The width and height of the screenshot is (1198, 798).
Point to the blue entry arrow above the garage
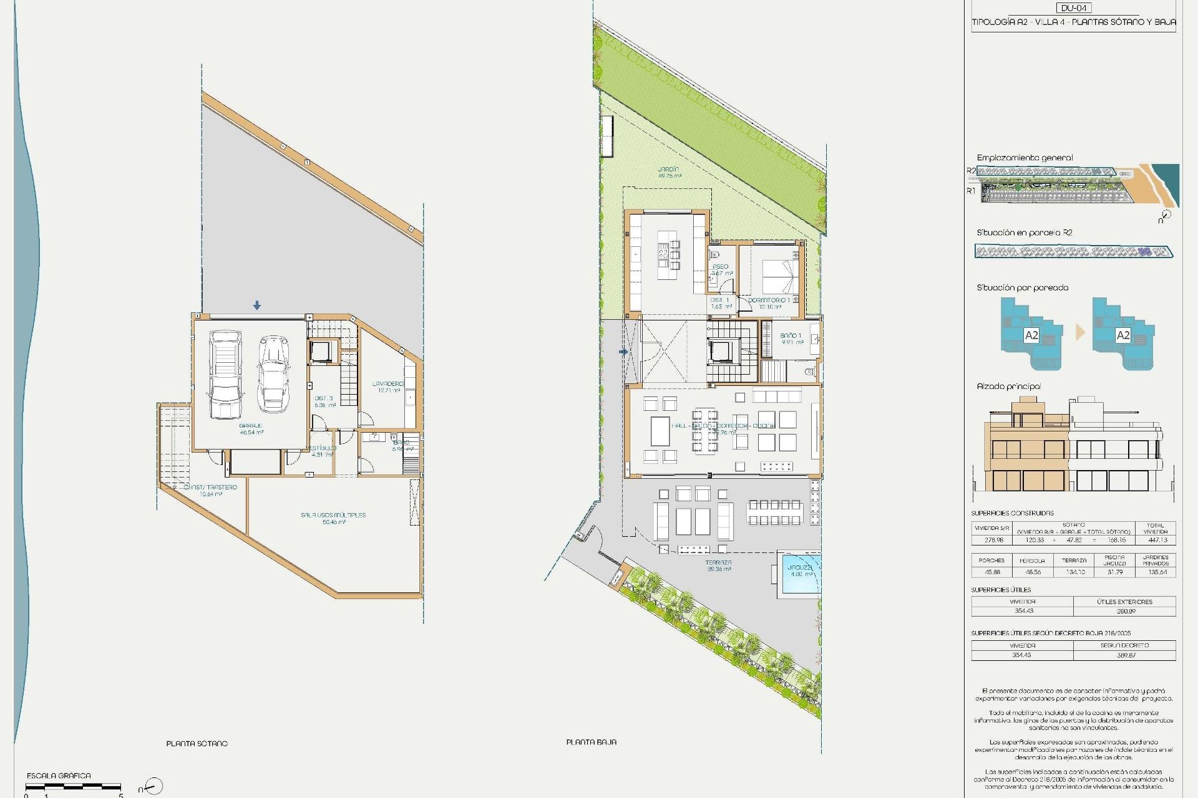pyautogui.click(x=257, y=305)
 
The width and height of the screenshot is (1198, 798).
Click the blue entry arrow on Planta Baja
pyautogui.click(x=623, y=352)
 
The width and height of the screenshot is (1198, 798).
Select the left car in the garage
pyautogui.click(x=225, y=375)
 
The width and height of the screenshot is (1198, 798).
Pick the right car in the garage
pyautogui.click(x=274, y=374)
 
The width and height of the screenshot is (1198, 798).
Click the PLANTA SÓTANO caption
pyautogui.click(x=197, y=744)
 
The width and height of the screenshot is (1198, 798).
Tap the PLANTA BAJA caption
pyautogui.click(x=591, y=743)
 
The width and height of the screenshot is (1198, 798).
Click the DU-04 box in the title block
pyautogui.click(x=1073, y=8)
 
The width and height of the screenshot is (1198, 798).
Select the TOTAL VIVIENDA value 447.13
pyautogui.click(x=1157, y=540)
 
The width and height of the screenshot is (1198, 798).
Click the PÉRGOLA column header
pyautogui.click(x=1032, y=560)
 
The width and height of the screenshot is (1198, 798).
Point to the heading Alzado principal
pyautogui.click(x=1008, y=387)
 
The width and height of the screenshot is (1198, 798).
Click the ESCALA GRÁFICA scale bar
pyautogui.click(x=73, y=787)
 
